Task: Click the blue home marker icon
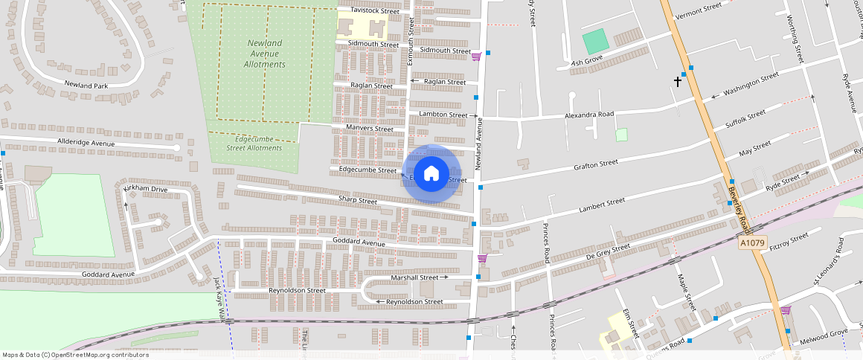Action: click(x=431, y=173)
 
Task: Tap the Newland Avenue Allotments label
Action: click(x=264, y=54)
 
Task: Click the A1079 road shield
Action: click(x=752, y=243)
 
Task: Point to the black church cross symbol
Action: click(x=678, y=81)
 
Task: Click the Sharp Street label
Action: click(x=358, y=200)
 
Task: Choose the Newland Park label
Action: click(x=86, y=86)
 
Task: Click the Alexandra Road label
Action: click(x=589, y=115)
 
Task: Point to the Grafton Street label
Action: click(x=596, y=163)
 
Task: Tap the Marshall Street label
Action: click(x=415, y=277)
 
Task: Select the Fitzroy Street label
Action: click(x=789, y=240)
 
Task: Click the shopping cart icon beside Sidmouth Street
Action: click(x=476, y=56)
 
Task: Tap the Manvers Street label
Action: click(x=370, y=129)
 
